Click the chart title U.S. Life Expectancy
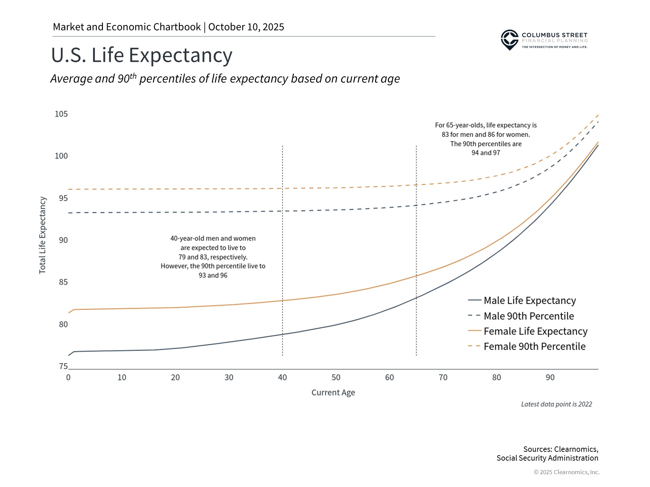coord(142,55)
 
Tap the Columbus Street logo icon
coord(510,40)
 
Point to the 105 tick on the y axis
coord(61,114)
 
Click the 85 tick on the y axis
coord(63,282)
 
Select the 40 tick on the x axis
coord(282,377)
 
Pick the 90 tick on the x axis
coord(550,377)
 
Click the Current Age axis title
coord(333,393)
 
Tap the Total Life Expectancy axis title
coord(42,235)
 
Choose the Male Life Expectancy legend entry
coord(529,300)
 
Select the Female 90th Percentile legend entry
coord(534,346)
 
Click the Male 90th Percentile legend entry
coord(528,316)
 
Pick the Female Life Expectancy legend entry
coord(535,331)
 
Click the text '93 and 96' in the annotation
coord(213,275)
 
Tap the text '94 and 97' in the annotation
coord(485,153)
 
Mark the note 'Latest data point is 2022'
coord(556,404)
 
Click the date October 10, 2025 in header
coord(246,27)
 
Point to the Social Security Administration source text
coord(547,458)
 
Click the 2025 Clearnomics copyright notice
coord(566,472)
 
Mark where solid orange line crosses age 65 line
coord(416,276)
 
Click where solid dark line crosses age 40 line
coord(282,334)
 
